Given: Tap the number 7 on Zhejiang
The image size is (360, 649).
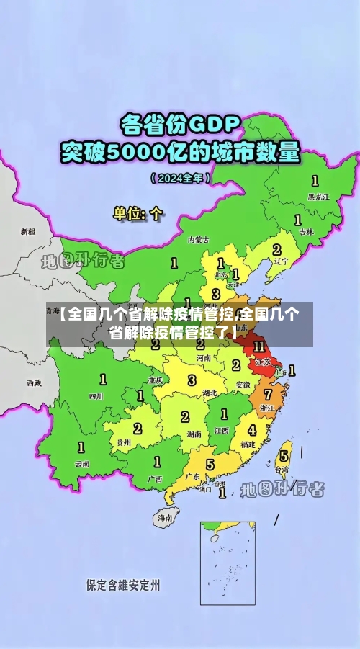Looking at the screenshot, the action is click(x=268, y=395).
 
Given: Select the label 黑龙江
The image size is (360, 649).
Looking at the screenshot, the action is click(x=318, y=196).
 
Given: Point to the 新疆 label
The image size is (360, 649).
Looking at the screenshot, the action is click(x=27, y=232).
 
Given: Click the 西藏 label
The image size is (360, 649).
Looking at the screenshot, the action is click(x=34, y=382).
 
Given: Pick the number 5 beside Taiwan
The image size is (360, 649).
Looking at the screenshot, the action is click(x=284, y=456).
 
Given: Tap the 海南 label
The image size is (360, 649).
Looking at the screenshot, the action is click(x=165, y=518).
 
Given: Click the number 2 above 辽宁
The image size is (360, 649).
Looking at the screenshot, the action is click(x=276, y=249).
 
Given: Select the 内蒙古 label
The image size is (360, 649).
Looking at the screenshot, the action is click(x=198, y=239).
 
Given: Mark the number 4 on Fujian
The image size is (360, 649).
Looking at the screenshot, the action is click(x=252, y=430).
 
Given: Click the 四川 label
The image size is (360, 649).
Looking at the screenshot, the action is click(x=96, y=396).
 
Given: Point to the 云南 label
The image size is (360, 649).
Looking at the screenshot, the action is click(x=82, y=464).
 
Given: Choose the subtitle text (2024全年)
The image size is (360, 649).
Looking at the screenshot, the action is click(x=180, y=177).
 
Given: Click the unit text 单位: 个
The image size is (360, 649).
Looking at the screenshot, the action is click(x=138, y=214).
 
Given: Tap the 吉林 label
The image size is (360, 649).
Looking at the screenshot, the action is click(x=306, y=232).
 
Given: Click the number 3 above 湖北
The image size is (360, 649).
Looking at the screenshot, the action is click(x=192, y=380).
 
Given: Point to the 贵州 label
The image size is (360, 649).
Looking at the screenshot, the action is click(x=124, y=442).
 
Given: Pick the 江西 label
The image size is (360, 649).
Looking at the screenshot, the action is click(x=221, y=430).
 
